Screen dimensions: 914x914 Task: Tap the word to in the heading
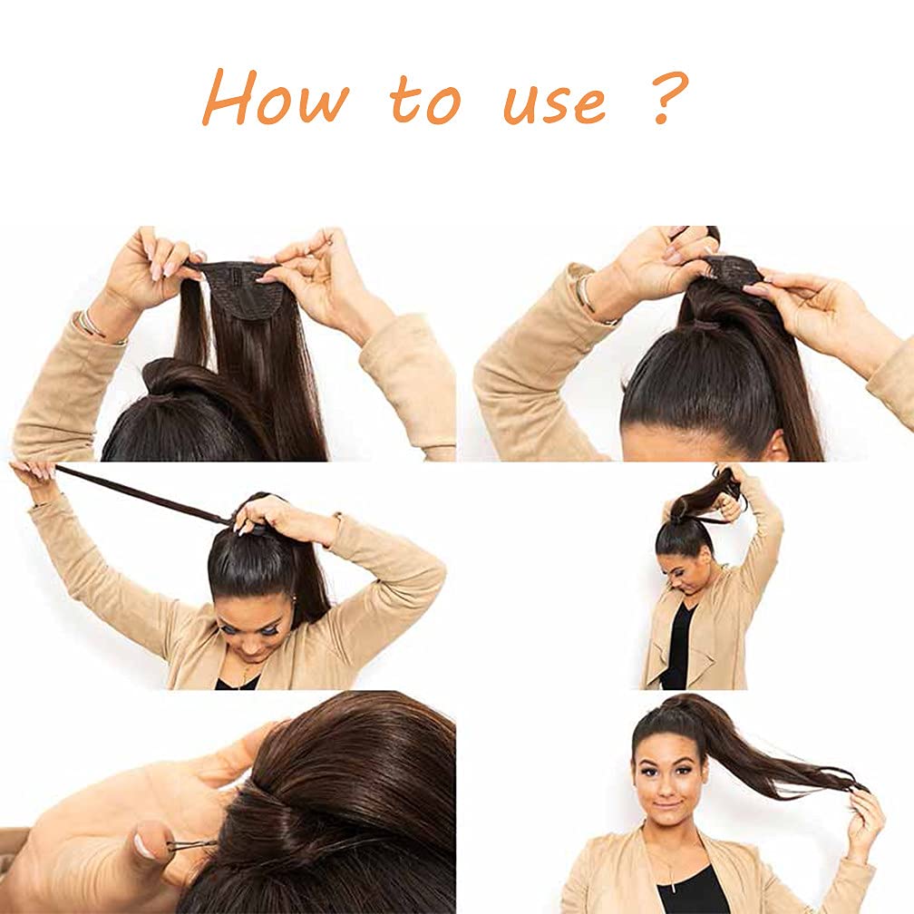point(426,102)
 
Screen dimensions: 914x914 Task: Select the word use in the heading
point(554,102)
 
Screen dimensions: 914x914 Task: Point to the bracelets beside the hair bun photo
point(90,324)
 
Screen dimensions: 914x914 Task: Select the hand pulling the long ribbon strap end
point(34,472)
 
